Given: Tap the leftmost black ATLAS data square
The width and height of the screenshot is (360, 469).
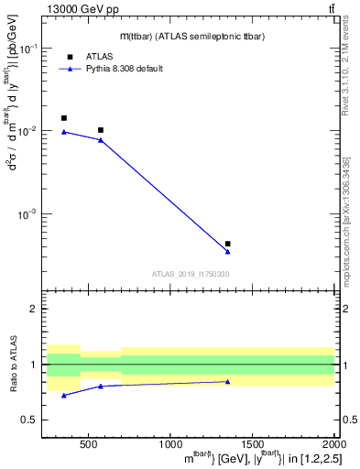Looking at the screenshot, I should [x=63, y=118].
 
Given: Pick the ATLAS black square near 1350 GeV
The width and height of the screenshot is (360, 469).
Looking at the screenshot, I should [x=227, y=244].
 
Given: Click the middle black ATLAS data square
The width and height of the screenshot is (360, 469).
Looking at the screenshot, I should [x=101, y=130].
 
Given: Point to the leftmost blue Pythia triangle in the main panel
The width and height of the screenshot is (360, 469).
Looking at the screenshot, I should [x=63, y=132].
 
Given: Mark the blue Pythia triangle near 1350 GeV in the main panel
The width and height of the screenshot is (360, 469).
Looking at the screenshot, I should [x=227, y=252].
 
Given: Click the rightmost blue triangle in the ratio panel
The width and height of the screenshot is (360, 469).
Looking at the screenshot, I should [x=227, y=381].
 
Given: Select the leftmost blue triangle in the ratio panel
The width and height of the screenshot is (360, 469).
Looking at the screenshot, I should [x=63, y=395].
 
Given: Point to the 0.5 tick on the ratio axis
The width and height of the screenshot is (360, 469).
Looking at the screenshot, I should [x=34, y=420].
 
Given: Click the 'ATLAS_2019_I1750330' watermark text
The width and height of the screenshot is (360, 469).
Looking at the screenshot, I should [x=190, y=274].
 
